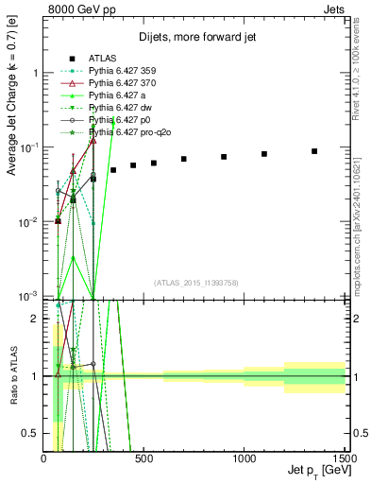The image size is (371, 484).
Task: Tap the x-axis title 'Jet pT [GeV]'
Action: coord(316,471)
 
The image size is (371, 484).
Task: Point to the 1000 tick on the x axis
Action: coord(245,457)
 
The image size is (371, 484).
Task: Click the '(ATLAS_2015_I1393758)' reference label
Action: coord(195,283)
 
